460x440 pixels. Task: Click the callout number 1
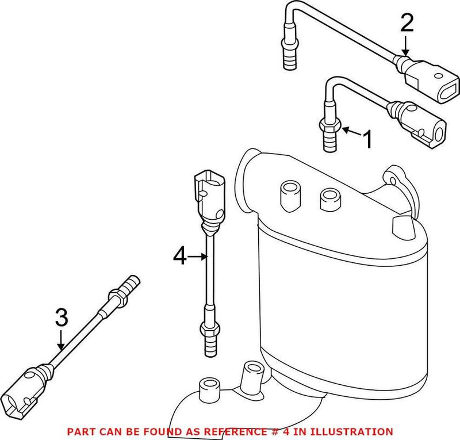[367, 139]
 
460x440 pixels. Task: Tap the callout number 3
[62, 317]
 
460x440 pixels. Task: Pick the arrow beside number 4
[198, 257]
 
